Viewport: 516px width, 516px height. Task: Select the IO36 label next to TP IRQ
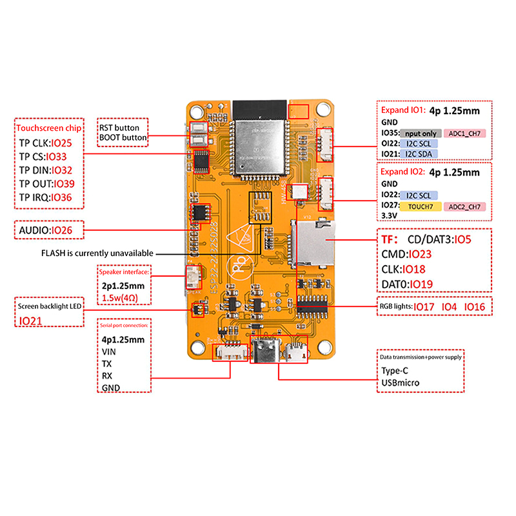tap(61, 197)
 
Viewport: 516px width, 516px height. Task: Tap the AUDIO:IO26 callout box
tap(49, 230)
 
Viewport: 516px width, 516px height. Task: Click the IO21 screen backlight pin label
tap(31, 321)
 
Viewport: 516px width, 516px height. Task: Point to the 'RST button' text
tap(119, 128)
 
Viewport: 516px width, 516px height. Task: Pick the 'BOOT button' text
tap(123, 137)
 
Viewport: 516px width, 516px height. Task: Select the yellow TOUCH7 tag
tap(420, 206)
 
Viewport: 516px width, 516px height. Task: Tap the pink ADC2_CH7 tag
tap(464, 206)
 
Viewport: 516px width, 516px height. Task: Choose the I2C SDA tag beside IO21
tap(419, 154)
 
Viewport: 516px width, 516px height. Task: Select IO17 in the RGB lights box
tap(424, 306)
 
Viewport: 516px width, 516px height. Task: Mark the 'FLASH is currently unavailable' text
tap(97, 253)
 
